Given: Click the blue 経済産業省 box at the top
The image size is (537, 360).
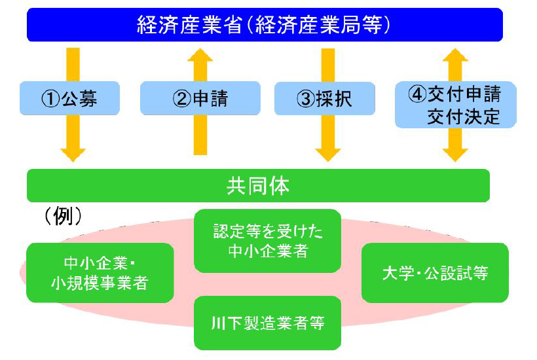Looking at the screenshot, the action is [265, 25].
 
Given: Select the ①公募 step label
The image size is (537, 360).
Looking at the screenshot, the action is [69, 98].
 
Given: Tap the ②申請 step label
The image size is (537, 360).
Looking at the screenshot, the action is [200, 98].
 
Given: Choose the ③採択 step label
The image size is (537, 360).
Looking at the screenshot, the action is [325, 99].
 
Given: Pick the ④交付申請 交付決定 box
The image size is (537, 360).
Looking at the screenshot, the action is [456, 105].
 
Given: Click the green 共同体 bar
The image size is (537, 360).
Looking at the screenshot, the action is [258, 185].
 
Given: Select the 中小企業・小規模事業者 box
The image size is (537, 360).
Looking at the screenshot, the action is [100, 273].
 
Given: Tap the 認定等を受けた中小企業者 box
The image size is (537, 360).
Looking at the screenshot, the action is [267, 241].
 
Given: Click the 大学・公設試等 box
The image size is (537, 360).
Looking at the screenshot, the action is [435, 273].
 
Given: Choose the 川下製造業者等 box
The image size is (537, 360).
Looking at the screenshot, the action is [267, 323].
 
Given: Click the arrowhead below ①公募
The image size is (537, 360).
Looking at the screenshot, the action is [73, 155].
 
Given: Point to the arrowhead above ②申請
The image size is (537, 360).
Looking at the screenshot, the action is [200, 55].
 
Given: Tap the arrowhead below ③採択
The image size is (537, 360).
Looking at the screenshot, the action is [327, 155].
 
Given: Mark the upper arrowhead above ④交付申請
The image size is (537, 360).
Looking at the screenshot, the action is [456, 55].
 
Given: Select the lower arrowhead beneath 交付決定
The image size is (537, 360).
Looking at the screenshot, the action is [456, 155].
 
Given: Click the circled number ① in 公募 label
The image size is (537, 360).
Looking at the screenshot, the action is [50, 99].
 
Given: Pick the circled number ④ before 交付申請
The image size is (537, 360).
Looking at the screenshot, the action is [417, 94].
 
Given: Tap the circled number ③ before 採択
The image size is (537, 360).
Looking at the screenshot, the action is [306, 99].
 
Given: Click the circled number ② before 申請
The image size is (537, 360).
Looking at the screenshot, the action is [182, 99].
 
